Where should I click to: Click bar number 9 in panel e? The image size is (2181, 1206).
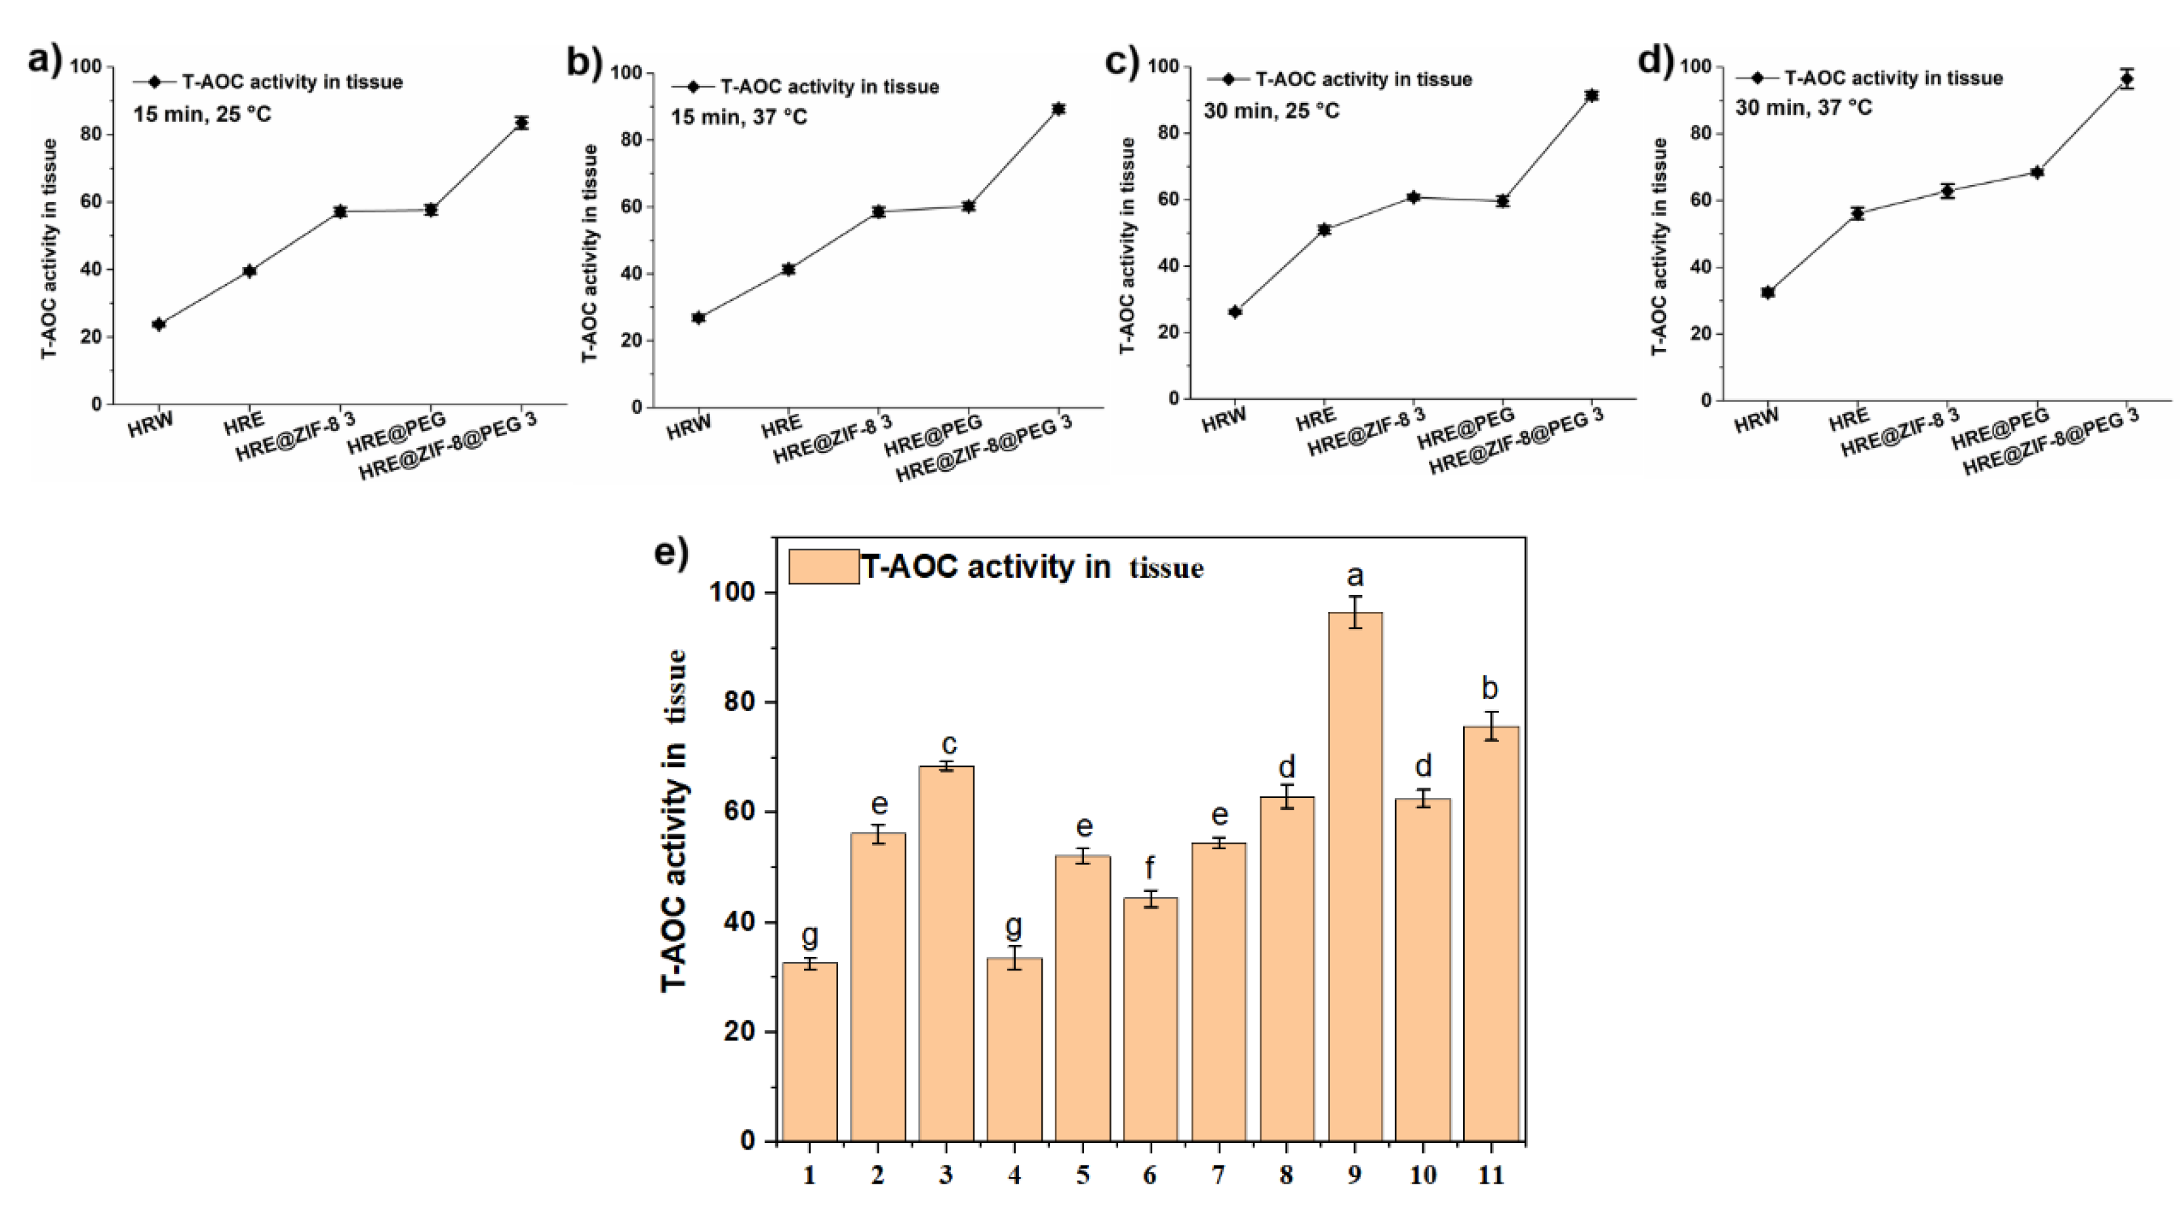pos(1355,877)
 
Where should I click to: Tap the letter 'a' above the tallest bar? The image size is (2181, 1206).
pos(1355,576)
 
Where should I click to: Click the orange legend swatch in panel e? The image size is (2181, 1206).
pos(823,567)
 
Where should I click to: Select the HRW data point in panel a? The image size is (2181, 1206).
pos(158,325)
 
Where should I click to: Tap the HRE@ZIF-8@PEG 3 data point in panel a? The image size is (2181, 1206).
pos(521,122)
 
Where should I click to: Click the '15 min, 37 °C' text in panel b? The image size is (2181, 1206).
pos(739,117)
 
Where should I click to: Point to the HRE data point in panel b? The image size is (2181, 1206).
pos(788,270)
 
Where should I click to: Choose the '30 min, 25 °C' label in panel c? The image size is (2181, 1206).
pos(1271,111)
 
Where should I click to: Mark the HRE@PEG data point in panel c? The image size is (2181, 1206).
pos(1502,201)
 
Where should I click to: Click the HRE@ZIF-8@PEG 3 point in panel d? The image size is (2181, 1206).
pos(2126,79)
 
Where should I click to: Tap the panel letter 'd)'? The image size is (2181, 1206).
pos(1655,61)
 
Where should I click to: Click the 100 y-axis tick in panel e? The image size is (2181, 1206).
pos(742,593)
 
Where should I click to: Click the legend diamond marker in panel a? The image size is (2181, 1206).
pos(154,82)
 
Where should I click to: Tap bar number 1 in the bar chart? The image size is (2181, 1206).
pos(809,1052)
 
